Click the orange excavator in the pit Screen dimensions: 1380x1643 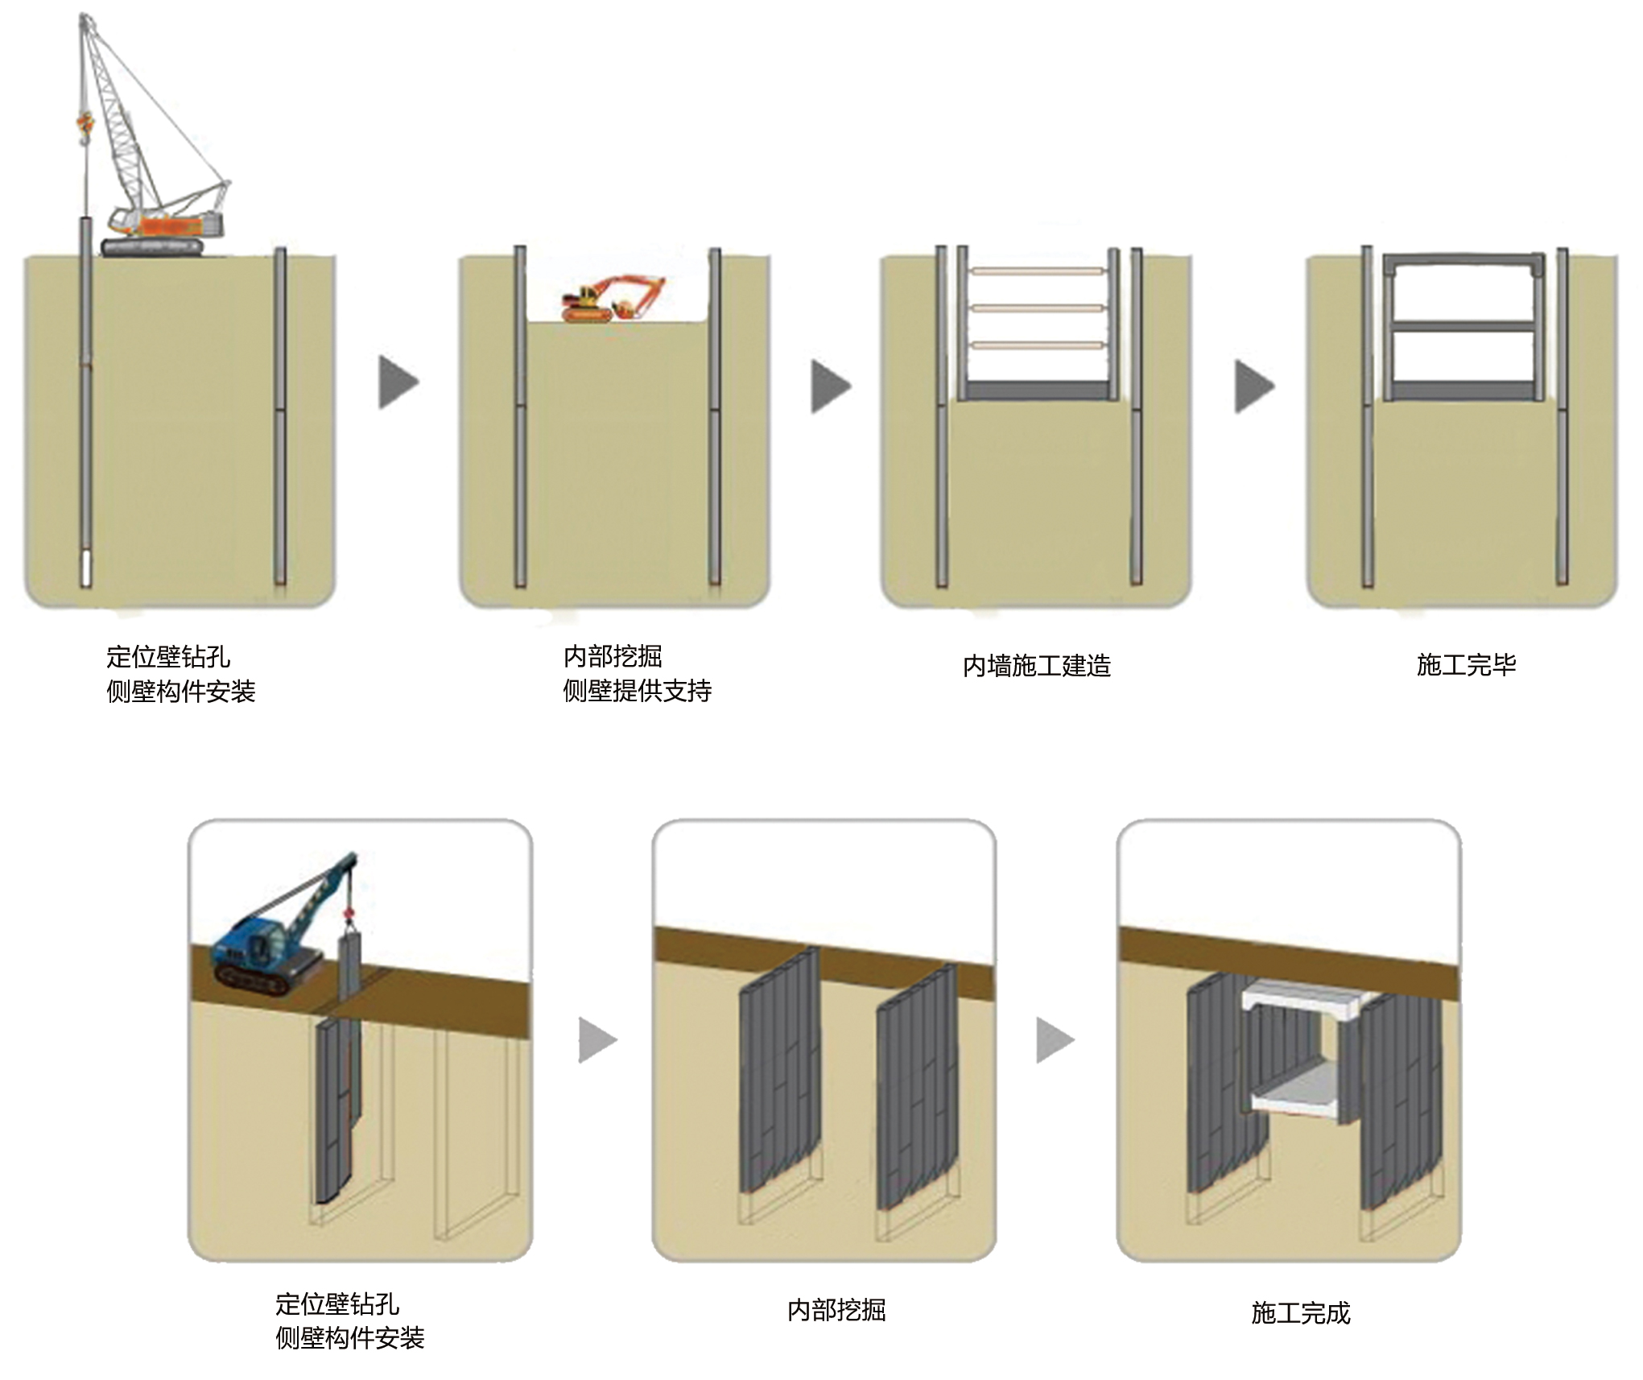612,299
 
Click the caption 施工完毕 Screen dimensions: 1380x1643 1466,665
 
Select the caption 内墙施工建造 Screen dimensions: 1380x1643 1036,666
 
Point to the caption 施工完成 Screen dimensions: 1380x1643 1300,1313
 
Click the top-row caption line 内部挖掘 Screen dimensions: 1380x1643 613,656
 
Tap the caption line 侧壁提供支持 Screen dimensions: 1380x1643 637,691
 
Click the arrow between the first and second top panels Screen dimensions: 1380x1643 398,382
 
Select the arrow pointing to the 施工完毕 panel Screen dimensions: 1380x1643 1254,386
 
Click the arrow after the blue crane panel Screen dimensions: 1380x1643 597,1040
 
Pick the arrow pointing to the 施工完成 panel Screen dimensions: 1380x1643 1055,1040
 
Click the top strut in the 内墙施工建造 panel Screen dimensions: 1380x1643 1037,271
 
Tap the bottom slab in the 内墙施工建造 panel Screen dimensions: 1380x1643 1037,391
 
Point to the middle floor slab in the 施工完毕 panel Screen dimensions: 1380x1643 1463,326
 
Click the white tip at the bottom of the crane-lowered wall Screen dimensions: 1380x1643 85,568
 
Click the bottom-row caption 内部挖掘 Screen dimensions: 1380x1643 836,1310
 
